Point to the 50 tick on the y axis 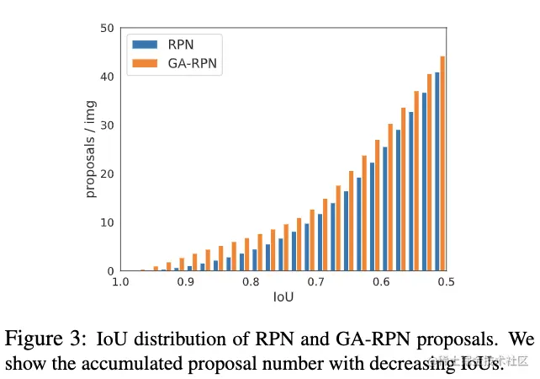pos(107,29)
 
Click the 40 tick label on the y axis pos(107,77)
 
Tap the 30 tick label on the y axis pos(107,125)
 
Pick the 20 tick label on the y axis pos(107,174)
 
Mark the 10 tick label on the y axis pos(107,223)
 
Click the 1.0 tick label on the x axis pos(119,282)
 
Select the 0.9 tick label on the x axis pos(185,282)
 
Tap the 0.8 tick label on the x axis pos(251,282)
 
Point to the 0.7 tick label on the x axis pos(315,282)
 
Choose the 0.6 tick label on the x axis pos(381,282)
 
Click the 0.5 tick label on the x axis pos(446,282)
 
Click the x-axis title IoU pos(283,298)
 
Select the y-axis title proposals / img pos(91,149)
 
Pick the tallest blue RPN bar pos(437,172)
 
